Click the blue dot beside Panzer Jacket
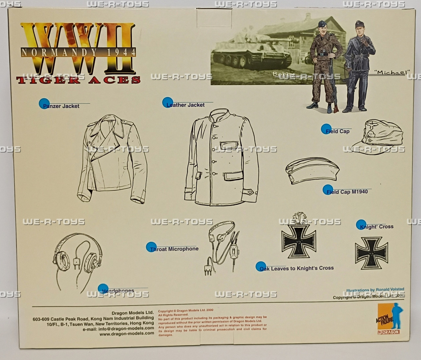click(44, 104)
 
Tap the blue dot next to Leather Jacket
click(167, 103)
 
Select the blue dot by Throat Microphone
click(151, 247)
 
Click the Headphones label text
click(118, 291)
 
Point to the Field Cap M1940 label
click(347, 192)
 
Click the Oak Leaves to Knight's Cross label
click(297, 268)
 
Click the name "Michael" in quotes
click(393, 72)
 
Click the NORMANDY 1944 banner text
click(78, 52)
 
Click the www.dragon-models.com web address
click(127, 333)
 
